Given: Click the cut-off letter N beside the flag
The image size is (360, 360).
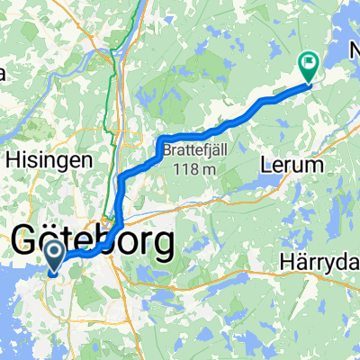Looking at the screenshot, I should pyautogui.click(x=354, y=67).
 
